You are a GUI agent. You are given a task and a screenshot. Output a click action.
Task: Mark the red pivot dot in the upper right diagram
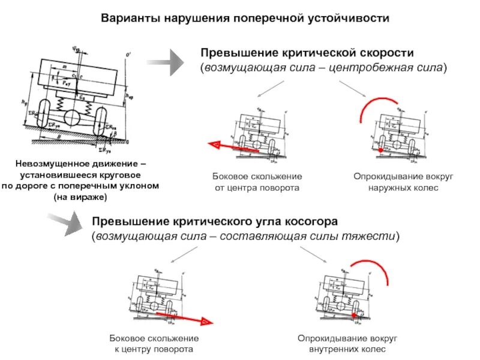click(x=380, y=149)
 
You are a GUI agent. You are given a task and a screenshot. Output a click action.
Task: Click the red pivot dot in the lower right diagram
click(x=355, y=314)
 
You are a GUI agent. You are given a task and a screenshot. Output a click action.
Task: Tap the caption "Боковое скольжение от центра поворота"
click(x=257, y=182)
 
